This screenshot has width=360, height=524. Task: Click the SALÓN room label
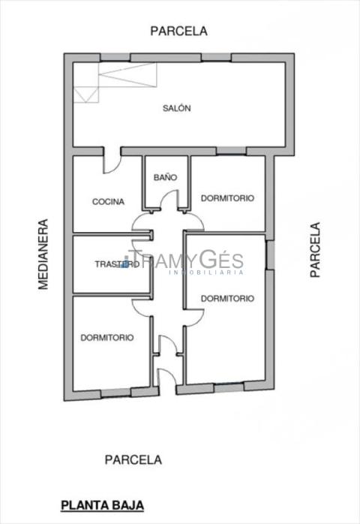(177, 108)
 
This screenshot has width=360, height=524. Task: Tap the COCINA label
(108, 201)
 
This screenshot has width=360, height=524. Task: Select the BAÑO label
(165, 177)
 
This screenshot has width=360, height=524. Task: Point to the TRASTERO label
(117, 264)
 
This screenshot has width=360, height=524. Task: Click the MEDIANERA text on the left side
(43, 254)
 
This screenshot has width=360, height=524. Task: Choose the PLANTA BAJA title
(102, 505)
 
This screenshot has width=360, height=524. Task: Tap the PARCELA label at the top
(178, 31)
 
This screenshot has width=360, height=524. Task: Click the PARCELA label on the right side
(315, 250)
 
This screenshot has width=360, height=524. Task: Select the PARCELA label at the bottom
(133, 460)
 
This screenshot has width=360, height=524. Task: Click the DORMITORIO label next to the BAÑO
(227, 198)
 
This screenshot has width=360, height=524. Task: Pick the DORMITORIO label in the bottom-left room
(107, 338)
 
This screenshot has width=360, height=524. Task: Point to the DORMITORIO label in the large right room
(227, 299)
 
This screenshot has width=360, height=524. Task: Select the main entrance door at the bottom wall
(166, 377)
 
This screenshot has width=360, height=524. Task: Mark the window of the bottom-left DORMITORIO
(115, 393)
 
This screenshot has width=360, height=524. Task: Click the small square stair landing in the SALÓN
(86, 95)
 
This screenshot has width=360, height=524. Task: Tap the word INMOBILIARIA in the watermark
(207, 273)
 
